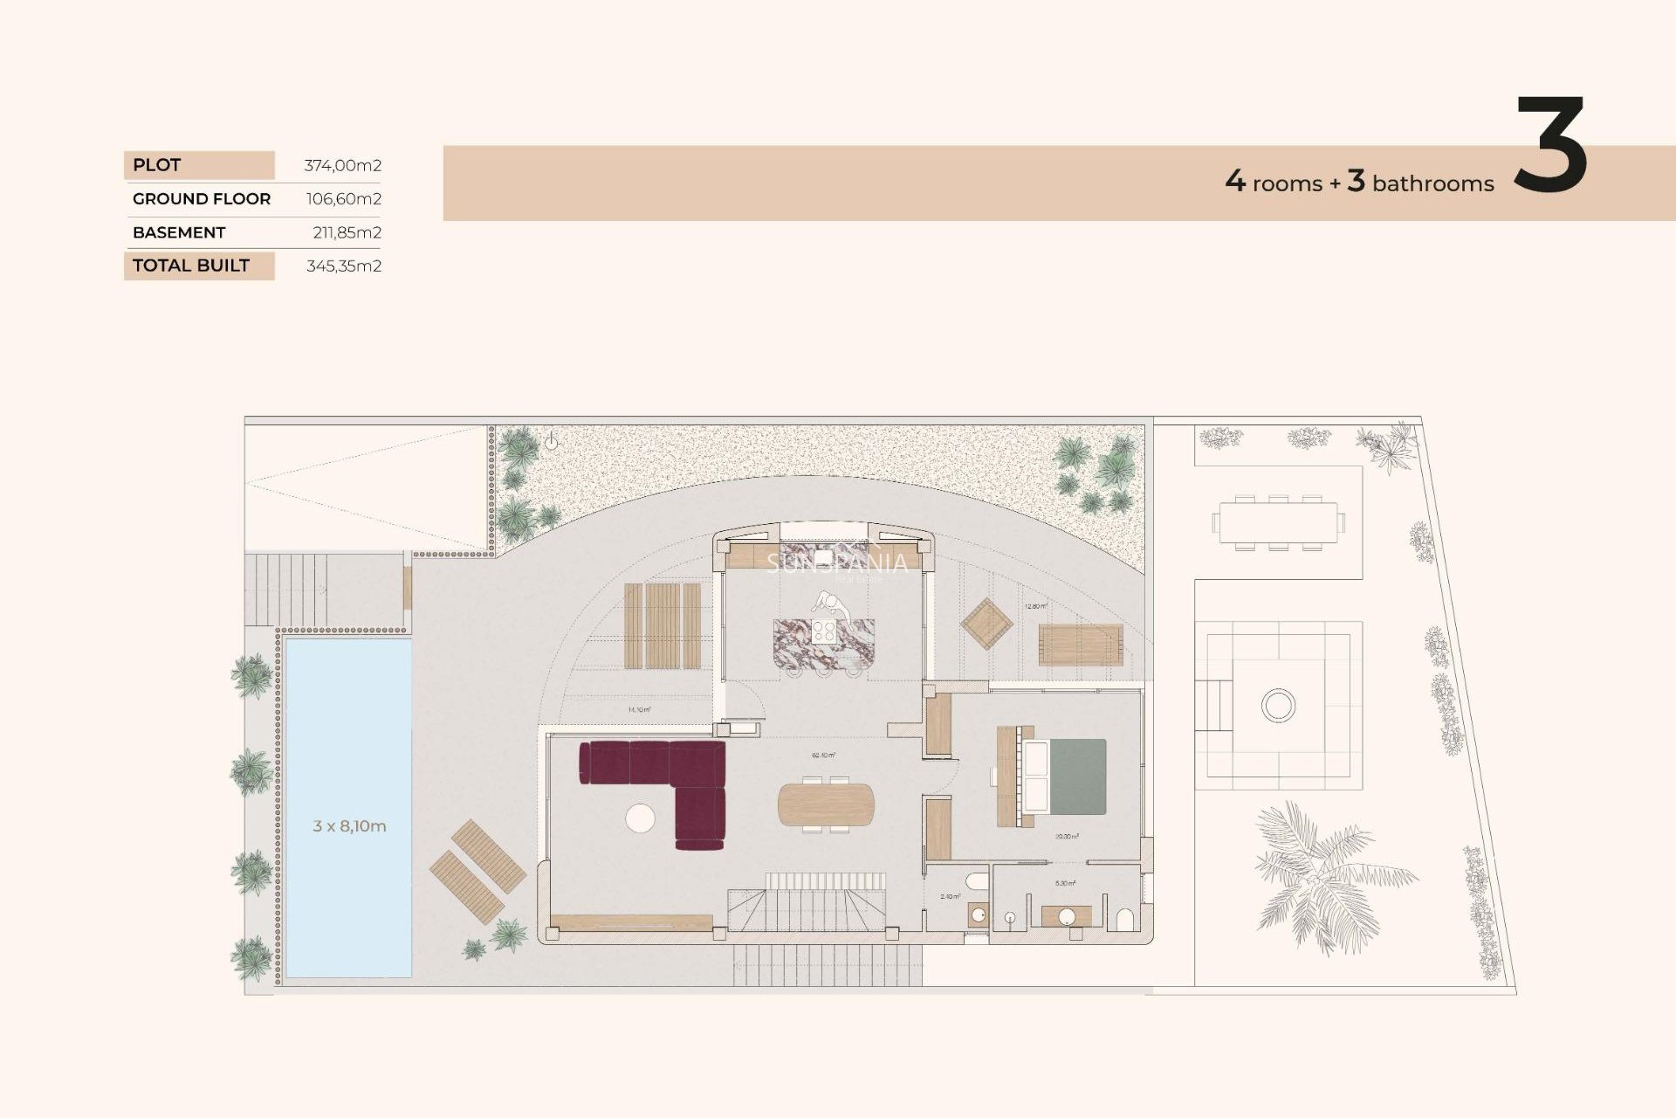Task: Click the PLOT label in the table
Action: pyautogui.click(x=157, y=165)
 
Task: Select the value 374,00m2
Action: pyautogui.click(x=342, y=165)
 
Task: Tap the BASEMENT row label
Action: pyautogui.click(x=179, y=232)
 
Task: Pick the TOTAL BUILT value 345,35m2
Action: pyautogui.click(x=343, y=266)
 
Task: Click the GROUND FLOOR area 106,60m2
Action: pyautogui.click(x=343, y=199)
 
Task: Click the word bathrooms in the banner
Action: pyautogui.click(x=1432, y=183)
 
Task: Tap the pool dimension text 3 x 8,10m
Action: pyautogui.click(x=349, y=825)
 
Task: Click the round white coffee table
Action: pyautogui.click(x=640, y=818)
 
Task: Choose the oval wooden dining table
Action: pyautogui.click(x=825, y=804)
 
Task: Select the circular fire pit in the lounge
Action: pyautogui.click(x=1278, y=705)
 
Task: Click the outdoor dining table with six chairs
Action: pyautogui.click(x=1278, y=522)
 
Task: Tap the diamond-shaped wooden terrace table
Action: pyautogui.click(x=986, y=624)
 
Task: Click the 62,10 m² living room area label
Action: pyautogui.click(x=823, y=755)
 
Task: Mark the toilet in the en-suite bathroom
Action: pyautogui.click(x=1125, y=920)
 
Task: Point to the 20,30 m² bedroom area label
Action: pyautogui.click(x=1067, y=837)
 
